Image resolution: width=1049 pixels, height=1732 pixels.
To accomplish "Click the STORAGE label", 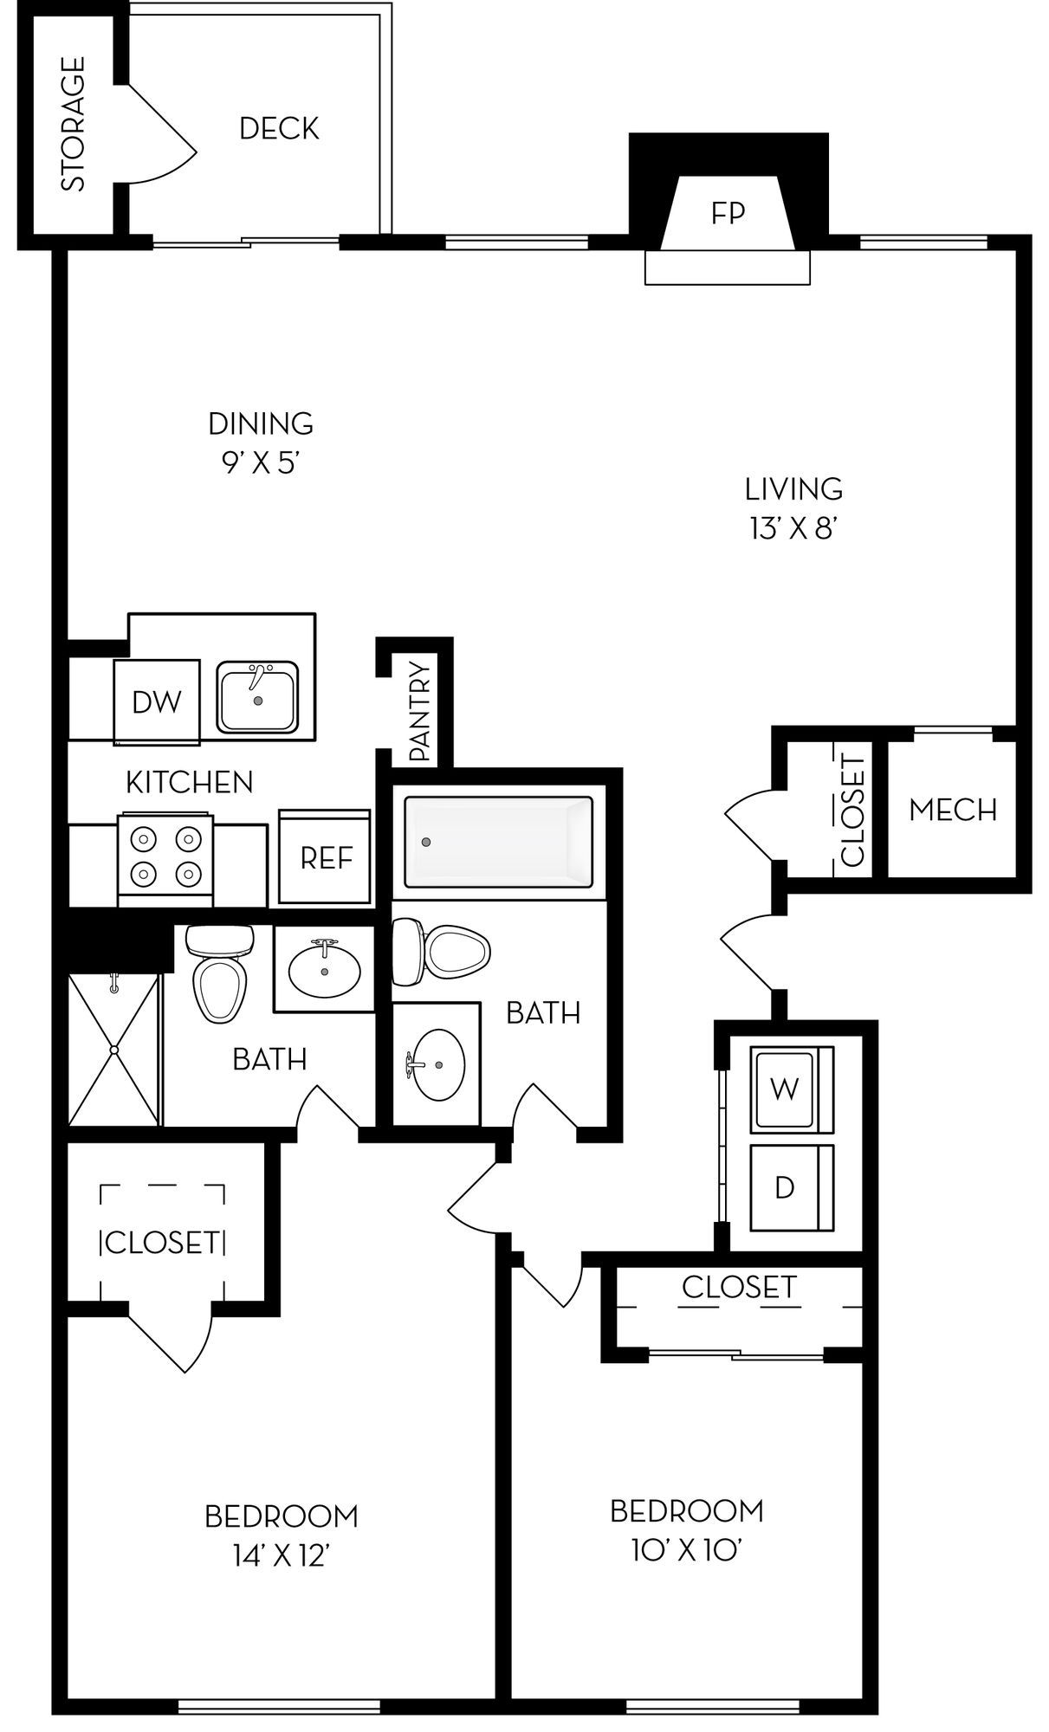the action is [74, 124].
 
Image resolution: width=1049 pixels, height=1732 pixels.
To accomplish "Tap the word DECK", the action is [280, 129].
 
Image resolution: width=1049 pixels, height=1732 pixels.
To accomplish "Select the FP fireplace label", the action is [728, 213].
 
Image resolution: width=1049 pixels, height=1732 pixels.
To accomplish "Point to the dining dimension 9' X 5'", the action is [261, 464].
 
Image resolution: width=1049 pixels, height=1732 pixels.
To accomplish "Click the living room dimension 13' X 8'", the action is [793, 528].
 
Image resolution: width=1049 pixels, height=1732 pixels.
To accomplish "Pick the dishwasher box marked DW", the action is [157, 702].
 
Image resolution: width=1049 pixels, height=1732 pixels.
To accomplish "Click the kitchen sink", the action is [257, 697].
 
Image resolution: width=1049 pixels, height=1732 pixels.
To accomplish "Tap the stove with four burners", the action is [165, 857].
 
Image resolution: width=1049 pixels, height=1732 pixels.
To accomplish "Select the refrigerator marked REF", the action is [326, 857].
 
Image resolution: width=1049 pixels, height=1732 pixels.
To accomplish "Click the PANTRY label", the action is [420, 711].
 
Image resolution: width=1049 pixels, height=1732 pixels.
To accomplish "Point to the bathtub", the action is [500, 842].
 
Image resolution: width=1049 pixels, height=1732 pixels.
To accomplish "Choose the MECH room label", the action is [953, 811].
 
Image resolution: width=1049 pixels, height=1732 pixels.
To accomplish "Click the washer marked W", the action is [791, 1089].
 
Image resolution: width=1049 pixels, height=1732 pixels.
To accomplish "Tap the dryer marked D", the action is [791, 1187].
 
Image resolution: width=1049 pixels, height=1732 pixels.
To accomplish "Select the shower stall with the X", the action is [114, 1050].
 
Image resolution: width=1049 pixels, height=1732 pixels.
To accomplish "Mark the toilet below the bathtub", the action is [441, 951].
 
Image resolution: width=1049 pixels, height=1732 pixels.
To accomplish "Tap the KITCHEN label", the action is [190, 783].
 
